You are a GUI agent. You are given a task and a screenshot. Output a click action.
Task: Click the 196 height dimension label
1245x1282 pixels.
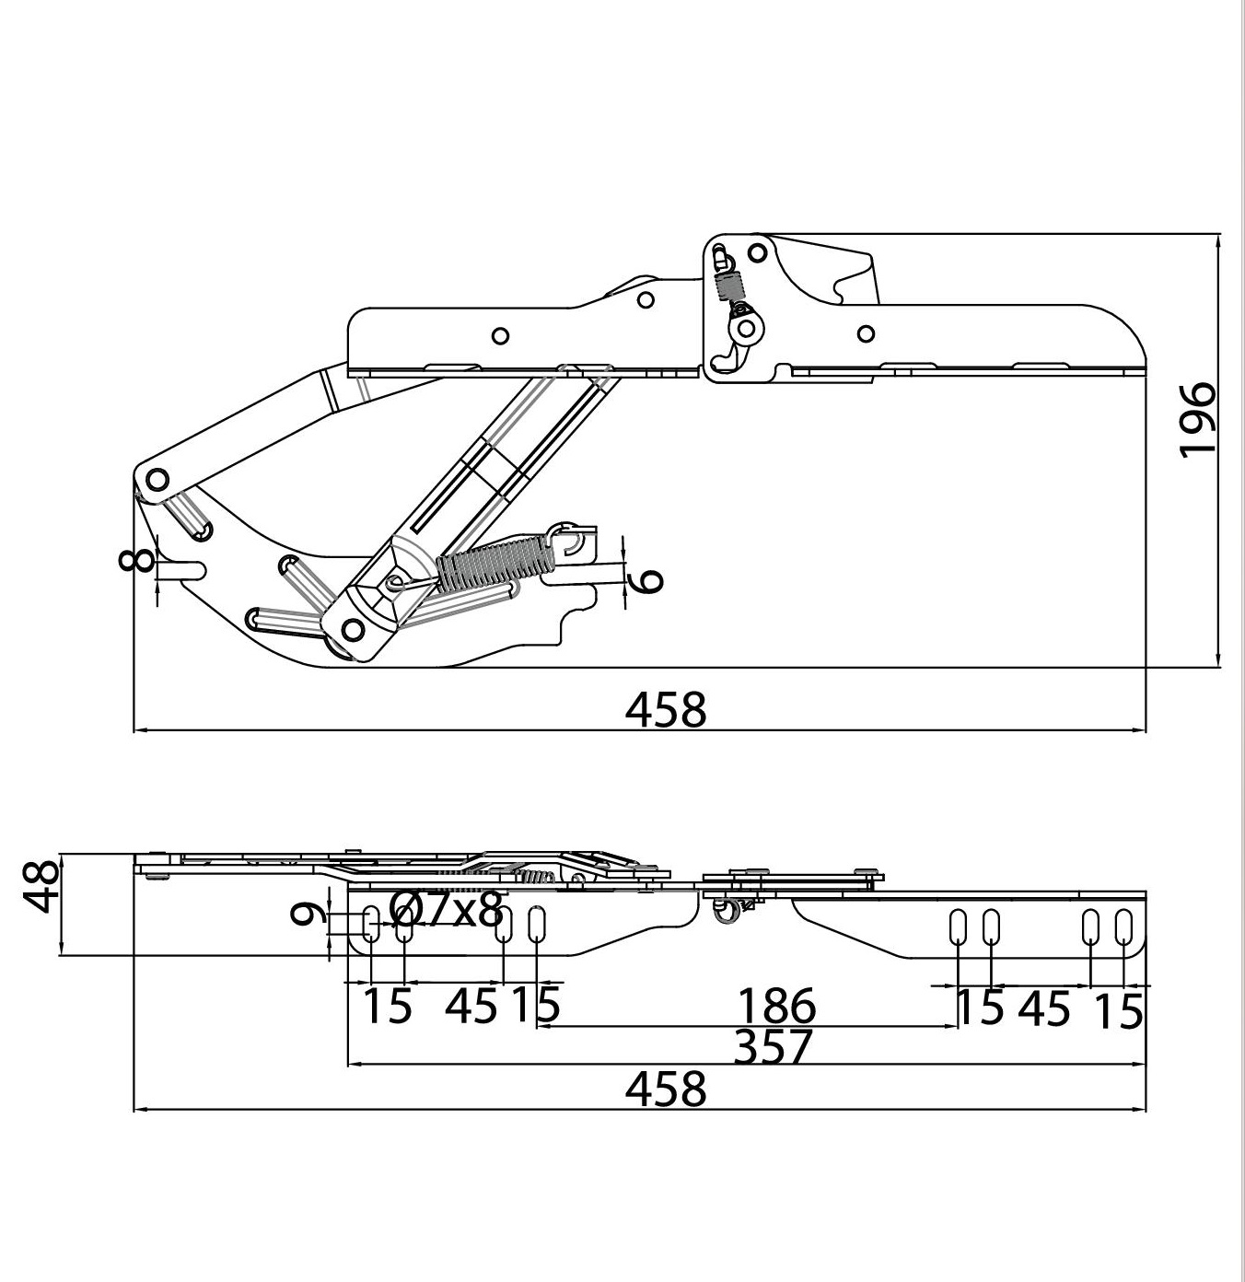pyautogui.click(x=1196, y=420)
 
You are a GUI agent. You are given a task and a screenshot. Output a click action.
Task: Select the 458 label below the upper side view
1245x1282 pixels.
pyautogui.click(x=665, y=709)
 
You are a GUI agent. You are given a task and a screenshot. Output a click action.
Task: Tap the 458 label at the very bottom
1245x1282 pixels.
pyautogui.click(x=665, y=1089)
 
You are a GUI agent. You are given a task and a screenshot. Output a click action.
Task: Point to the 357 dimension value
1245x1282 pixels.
pyautogui.click(x=772, y=1047)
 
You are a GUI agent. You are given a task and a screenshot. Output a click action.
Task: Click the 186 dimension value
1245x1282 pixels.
pyautogui.click(x=776, y=1006)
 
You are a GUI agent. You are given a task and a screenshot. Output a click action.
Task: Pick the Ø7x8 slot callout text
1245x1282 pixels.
pyautogui.click(x=447, y=910)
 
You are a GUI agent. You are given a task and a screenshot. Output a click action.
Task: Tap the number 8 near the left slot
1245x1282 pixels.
pyautogui.click(x=135, y=560)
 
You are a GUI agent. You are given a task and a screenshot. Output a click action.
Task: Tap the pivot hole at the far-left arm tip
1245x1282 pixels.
pyautogui.click(x=157, y=480)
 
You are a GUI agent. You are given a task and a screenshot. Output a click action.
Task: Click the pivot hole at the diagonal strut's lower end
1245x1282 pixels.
pyautogui.click(x=353, y=630)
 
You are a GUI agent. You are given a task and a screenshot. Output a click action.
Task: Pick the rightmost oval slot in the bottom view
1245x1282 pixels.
pyautogui.click(x=1123, y=927)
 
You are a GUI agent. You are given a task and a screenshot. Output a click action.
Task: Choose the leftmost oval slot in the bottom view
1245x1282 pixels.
pyautogui.click(x=371, y=925)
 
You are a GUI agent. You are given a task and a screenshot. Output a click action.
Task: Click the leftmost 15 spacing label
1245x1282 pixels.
pyautogui.click(x=388, y=1006)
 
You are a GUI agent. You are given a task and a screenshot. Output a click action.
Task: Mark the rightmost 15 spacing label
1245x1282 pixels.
pyautogui.click(x=1119, y=1011)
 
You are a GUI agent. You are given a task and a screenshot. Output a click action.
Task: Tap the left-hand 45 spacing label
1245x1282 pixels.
pyautogui.click(x=471, y=1006)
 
